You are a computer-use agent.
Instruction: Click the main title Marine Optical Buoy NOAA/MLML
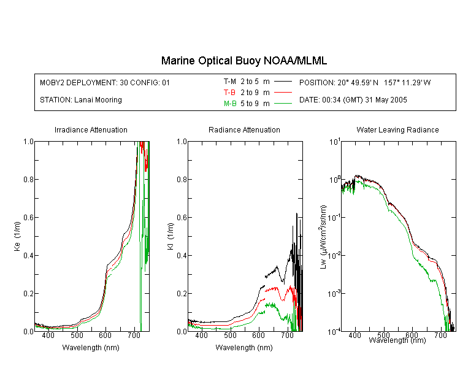[x=243, y=61]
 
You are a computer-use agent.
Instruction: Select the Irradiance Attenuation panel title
[x=91, y=129]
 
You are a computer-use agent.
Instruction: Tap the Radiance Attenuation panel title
[x=244, y=129]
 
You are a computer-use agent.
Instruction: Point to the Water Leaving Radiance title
[x=397, y=129]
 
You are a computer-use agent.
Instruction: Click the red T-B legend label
[x=229, y=93]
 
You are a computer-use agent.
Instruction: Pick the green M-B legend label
[x=230, y=104]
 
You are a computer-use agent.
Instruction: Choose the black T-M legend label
[x=230, y=82]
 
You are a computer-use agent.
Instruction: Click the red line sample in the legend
[x=283, y=93]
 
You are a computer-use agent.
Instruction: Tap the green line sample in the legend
[x=283, y=104]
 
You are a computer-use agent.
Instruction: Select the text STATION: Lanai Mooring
[x=81, y=100]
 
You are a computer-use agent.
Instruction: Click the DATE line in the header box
[x=353, y=100]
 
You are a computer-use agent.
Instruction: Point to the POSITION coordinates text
[x=365, y=82]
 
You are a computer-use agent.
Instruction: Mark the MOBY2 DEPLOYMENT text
[x=105, y=82]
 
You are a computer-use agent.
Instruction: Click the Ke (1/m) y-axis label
[x=17, y=236]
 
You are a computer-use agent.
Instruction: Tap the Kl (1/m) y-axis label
[x=171, y=236]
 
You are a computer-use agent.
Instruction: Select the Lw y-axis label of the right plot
[x=323, y=237]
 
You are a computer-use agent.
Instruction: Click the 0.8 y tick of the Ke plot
[x=28, y=179]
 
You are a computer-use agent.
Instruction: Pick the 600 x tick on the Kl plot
[x=258, y=335]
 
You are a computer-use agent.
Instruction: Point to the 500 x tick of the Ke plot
[x=77, y=335]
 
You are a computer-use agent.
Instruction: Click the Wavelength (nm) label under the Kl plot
[x=244, y=348]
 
